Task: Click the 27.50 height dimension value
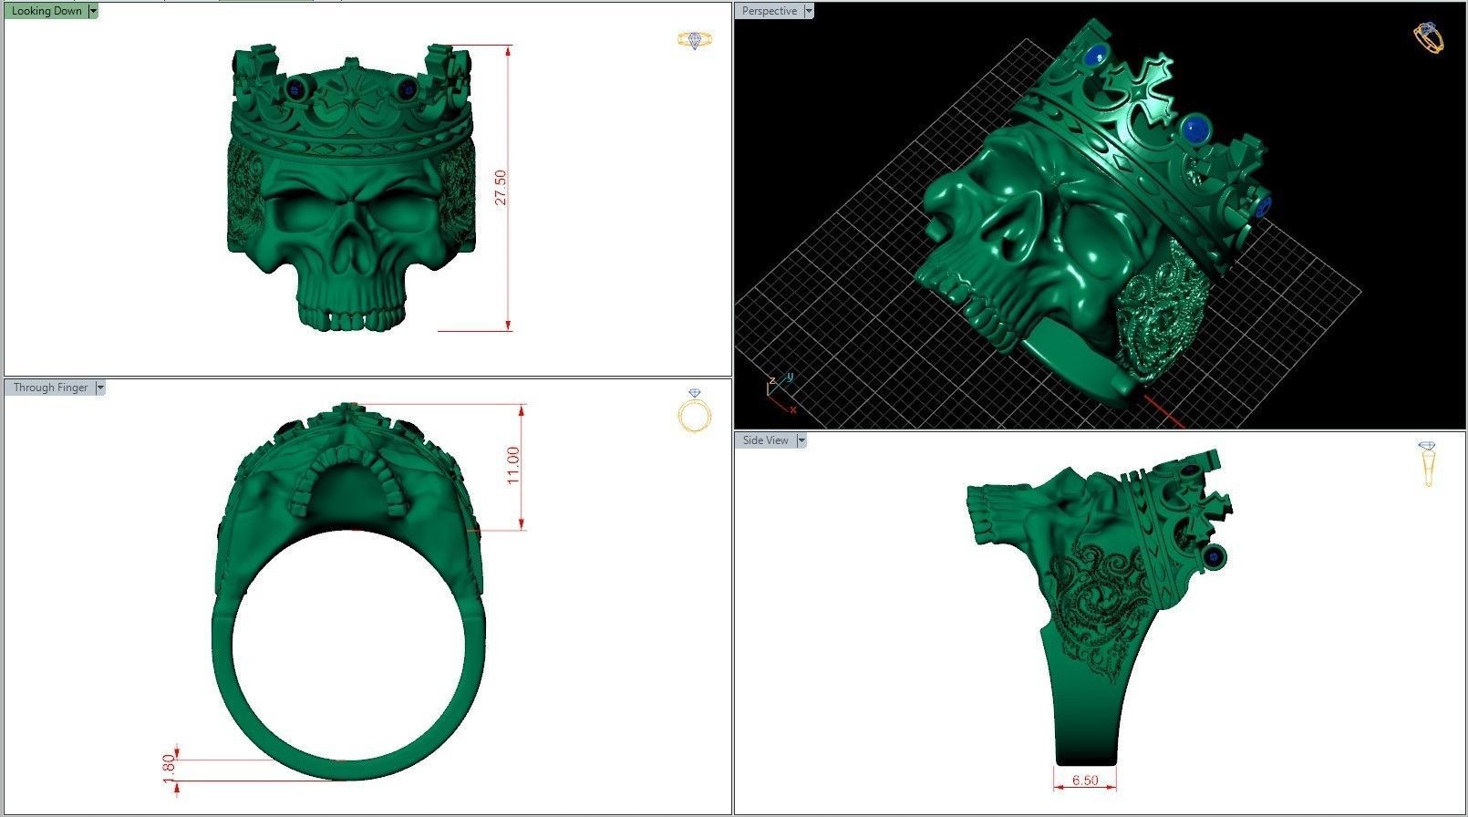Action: (501, 187)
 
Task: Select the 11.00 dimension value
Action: (513, 465)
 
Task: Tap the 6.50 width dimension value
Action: (1085, 781)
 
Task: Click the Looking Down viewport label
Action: (46, 11)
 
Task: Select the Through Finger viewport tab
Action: (50, 388)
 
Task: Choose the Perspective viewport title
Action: (769, 11)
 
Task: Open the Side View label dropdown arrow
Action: (801, 440)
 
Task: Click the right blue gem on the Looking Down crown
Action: (408, 88)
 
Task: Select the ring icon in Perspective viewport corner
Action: (1428, 37)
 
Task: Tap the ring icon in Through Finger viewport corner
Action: (695, 412)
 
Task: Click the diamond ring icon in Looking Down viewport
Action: (694, 40)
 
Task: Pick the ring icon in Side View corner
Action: (1427, 463)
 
